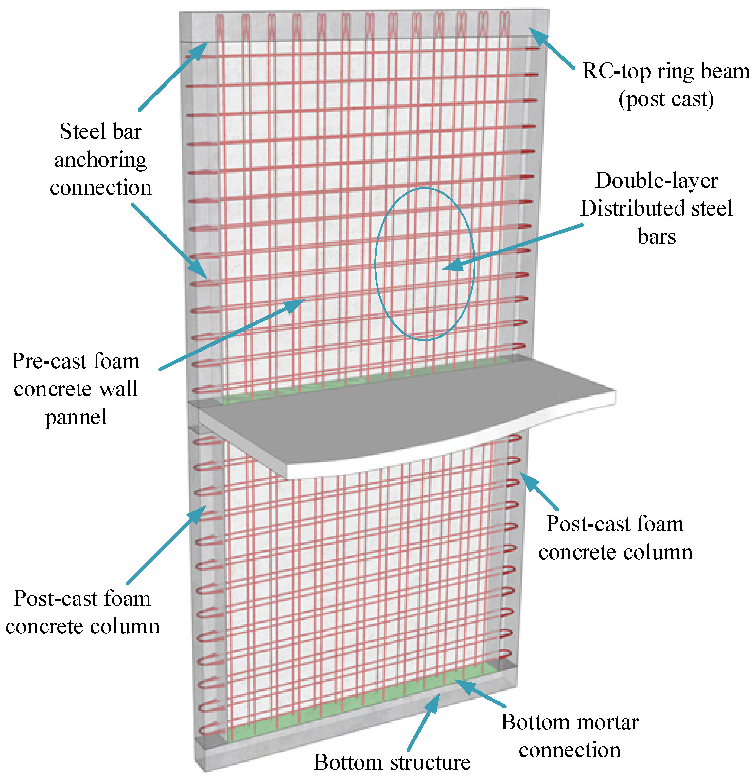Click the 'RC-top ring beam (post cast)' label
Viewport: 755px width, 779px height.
[666, 85]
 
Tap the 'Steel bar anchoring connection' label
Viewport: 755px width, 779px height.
[100, 159]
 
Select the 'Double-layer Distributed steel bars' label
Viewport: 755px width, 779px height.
[657, 208]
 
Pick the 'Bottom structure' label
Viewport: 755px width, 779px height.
[392, 762]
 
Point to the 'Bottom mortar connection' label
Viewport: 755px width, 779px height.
[570, 736]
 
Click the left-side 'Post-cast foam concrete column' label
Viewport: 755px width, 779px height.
[82, 612]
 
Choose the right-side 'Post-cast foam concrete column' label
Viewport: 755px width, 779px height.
[615, 538]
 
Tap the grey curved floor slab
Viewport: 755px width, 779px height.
[397, 417]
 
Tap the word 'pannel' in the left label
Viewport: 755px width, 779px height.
[76, 417]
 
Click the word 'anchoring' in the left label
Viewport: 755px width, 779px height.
[100, 160]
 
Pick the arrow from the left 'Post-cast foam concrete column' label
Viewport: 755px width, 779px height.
[167, 544]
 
